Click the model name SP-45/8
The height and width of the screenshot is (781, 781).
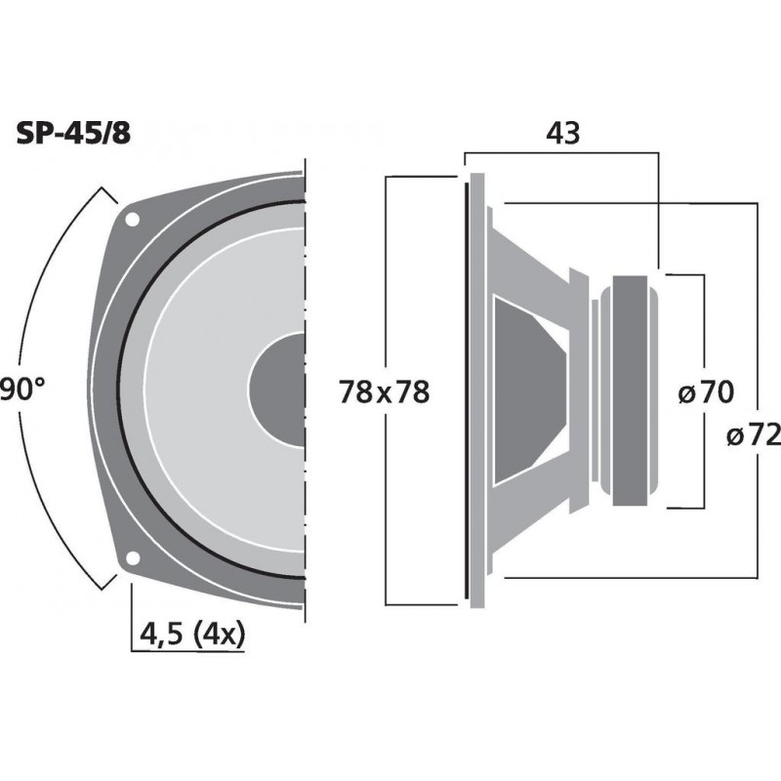pos(72,134)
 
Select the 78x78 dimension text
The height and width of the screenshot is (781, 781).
pos(385,392)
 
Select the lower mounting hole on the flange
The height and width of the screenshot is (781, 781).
pos(132,560)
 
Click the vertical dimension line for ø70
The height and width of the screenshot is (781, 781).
pos(704,322)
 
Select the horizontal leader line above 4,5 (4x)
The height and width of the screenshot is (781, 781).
pos(185,649)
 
